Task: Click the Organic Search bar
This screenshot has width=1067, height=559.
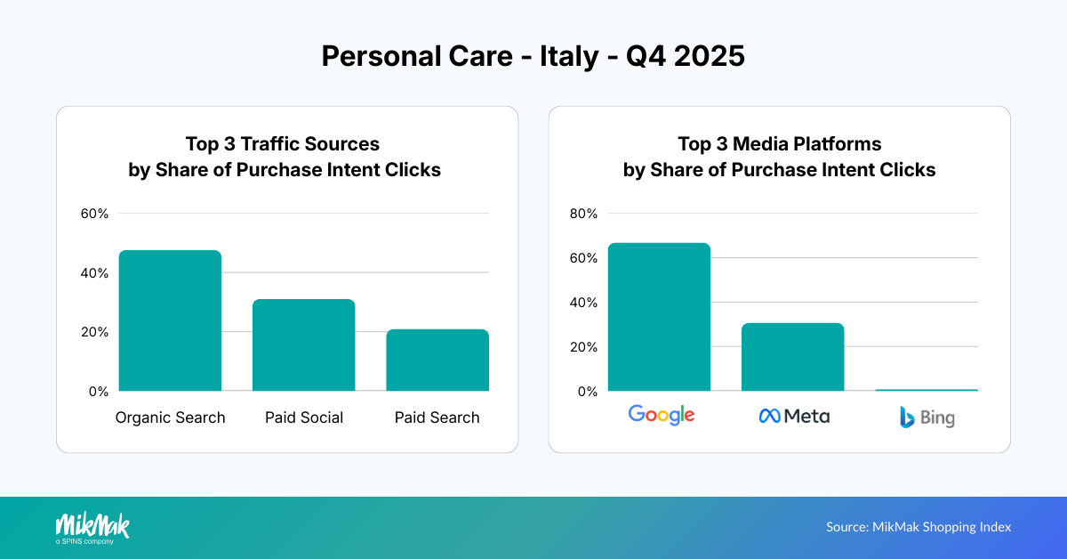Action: pyautogui.click(x=170, y=320)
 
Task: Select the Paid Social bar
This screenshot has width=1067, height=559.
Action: pyautogui.click(x=303, y=345)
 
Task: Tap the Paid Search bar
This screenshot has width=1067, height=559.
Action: pyautogui.click(x=437, y=361)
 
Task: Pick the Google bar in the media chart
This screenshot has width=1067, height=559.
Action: pyautogui.click(x=659, y=317)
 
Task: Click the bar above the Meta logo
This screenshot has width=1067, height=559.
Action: pyautogui.click(x=792, y=357)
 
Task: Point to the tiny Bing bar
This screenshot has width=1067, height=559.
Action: pyautogui.click(x=926, y=390)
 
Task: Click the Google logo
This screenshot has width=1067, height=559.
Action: pyautogui.click(x=661, y=415)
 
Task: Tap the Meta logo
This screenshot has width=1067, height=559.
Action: pyautogui.click(x=794, y=416)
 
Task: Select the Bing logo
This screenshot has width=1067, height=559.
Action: pyautogui.click(x=927, y=417)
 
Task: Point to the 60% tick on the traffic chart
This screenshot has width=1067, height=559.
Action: pyautogui.click(x=94, y=214)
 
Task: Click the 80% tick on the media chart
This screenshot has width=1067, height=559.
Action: pyautogui.click(x=585, y=214)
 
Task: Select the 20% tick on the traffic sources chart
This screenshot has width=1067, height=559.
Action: pyautogui.click(x=94, y=332)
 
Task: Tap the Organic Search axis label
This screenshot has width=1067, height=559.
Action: pyautogui.click(x=170, y=417)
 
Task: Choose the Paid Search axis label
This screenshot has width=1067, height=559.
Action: pyautogui.click(x=437, y=417)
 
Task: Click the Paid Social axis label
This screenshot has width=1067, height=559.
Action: pyautogui.click(x=303, y=417)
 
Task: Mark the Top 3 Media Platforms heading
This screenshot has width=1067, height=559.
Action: pyautogui.click(x=779, y=144)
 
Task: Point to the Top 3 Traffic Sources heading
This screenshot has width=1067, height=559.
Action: pyautogui.click(x=283, y=144)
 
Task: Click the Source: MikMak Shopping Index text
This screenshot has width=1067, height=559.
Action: pyautogui.click(x=919, y=527)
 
